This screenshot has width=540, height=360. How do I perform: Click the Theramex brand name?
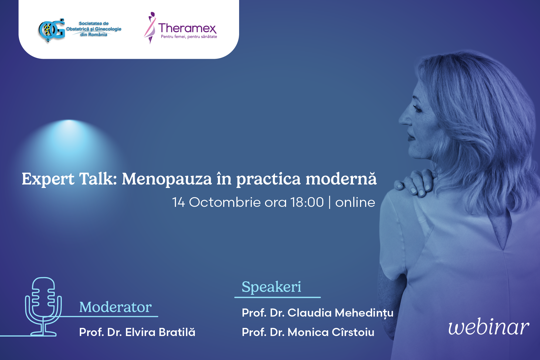pos(187,28)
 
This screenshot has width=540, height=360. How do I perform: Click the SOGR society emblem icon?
pos(52,30)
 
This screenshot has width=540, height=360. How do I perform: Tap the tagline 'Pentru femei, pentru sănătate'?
pos(189,37)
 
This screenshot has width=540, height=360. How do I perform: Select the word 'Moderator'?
pos(116,307)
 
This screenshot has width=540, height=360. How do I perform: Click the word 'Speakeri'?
pos(271,287)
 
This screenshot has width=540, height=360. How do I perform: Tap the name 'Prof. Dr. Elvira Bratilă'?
pos(137,332)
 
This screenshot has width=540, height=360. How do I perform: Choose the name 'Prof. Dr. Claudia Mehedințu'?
pos(318,313)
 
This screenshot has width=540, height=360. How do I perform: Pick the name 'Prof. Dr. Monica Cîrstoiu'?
pos(308,332)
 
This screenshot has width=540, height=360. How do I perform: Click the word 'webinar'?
pos(489,327)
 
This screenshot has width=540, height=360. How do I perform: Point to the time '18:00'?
pos(307,202)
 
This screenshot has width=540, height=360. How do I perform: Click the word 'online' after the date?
pos(355,202)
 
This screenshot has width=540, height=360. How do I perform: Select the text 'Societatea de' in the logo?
pos(94,23)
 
